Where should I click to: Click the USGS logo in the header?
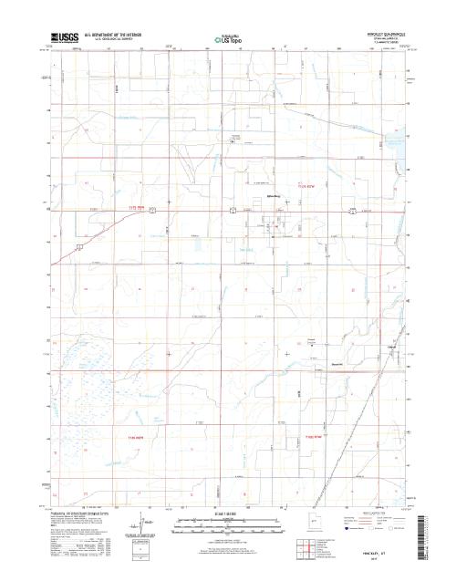[x=67, y=38]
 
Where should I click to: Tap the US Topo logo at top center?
[x=228, y=39]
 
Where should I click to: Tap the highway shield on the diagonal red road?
[x=81, y=246]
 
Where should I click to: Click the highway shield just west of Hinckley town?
[x=233, y=211]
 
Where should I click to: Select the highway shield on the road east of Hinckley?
[x=351, y=211]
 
